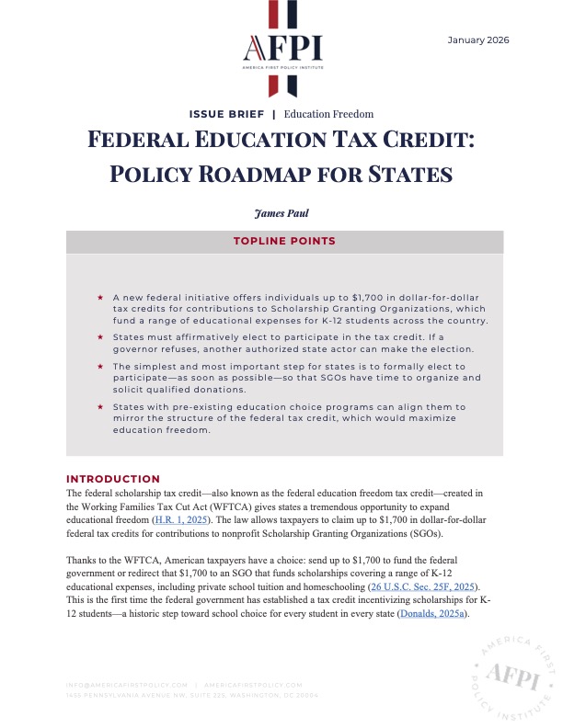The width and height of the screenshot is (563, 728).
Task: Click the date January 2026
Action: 477,40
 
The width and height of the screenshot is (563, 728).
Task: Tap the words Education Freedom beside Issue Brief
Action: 328,114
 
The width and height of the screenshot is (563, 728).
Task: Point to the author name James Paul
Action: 281,213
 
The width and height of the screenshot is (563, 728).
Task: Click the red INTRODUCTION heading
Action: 113,479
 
